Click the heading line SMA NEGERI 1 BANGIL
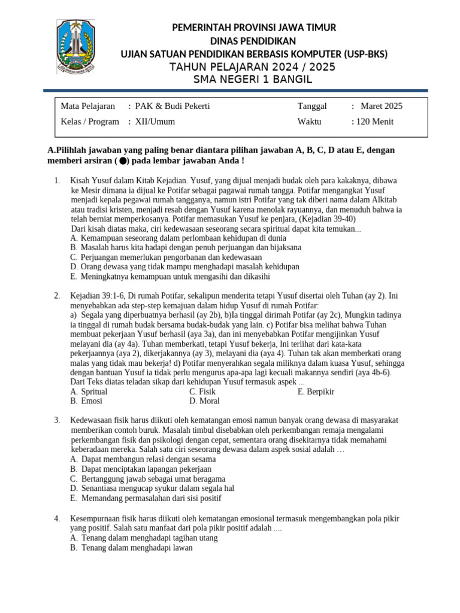254,80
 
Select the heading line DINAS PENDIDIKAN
254,41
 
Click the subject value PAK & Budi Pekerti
172,107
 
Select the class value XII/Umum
155,122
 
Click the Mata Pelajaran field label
87,107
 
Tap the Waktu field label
310,122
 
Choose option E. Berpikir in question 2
316,392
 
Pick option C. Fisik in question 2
202,392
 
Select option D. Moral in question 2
204,401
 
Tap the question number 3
56,420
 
